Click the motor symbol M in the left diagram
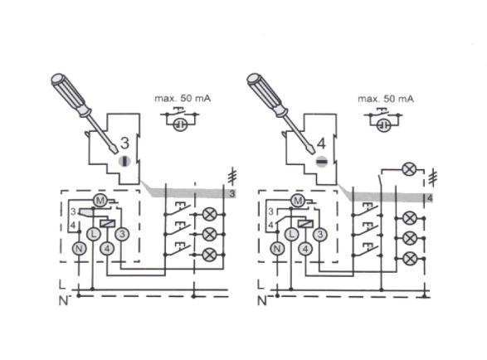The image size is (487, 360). [x=100, y=201]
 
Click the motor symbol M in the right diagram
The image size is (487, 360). [x=298, y=201]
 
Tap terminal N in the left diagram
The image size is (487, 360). [x=79, y=249]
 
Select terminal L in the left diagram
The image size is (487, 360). [x=93, y=234]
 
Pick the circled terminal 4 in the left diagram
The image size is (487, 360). [x=107, y=249]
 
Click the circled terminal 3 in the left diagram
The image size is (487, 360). [x=121, y=234]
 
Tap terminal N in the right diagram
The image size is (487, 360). [x=277, y=249]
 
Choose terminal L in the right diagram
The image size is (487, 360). [x=291, y=234]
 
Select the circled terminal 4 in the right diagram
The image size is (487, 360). [x=305, y=249]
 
